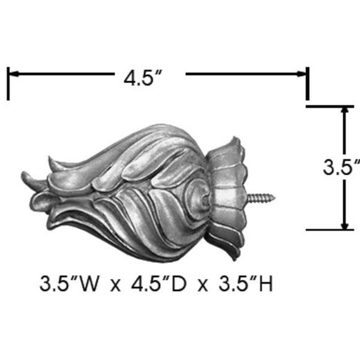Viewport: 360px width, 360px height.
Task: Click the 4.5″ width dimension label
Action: pos(143,78)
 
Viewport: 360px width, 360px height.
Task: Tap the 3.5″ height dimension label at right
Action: pos(341,167)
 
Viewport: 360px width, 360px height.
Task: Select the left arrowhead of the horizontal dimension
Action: pos(14,74)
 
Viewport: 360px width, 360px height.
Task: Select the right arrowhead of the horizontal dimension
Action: pos(301,74)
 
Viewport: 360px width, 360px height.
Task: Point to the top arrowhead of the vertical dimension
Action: pos(344,110)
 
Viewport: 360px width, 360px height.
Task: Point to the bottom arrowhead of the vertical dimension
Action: pos(344,225)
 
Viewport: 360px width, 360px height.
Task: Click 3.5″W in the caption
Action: pos(70,284)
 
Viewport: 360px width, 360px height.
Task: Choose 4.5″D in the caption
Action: pos(159,284)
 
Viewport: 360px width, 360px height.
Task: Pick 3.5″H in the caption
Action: pos(245,284)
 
